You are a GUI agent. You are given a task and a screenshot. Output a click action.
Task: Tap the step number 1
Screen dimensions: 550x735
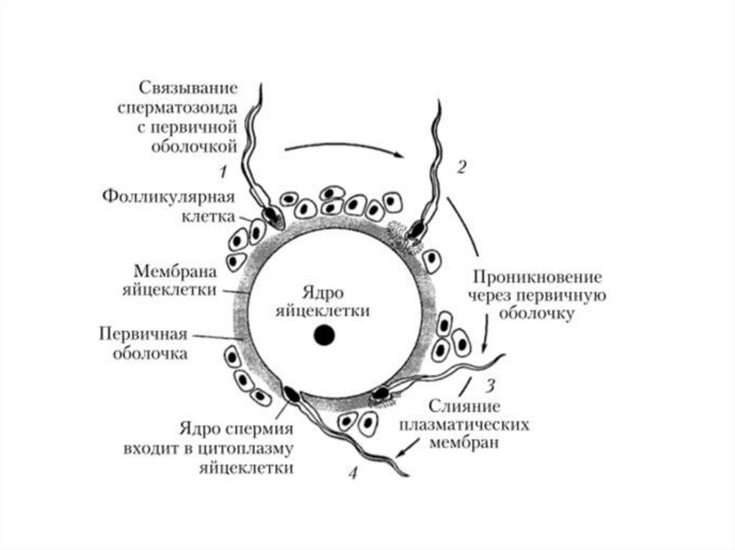(223, 171)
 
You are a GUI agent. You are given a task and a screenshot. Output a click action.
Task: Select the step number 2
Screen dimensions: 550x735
(462, 167)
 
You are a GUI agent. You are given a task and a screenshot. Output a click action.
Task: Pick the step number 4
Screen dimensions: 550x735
(352, 473)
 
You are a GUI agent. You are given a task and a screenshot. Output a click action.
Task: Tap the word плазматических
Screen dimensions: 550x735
(465, 425)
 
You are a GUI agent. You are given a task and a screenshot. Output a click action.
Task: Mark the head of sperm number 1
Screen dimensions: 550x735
(271, 214)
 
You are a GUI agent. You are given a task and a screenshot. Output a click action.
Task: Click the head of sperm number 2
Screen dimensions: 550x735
(416, 229)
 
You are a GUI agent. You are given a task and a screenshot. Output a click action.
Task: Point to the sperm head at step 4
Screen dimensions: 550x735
(293, 393)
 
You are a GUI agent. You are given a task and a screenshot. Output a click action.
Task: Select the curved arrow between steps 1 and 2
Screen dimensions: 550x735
(342, 148)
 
